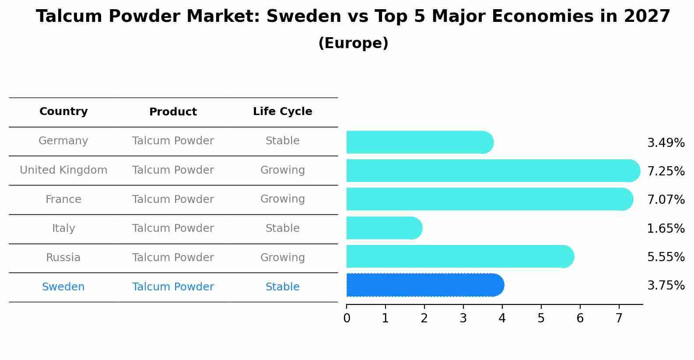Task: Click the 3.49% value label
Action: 666,143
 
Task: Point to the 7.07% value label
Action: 666,200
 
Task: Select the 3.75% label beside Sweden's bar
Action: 666,286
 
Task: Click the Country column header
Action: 63,112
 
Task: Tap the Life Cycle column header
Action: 282,112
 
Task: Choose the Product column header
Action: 173,112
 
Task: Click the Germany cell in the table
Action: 63,141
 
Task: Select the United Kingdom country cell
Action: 63,170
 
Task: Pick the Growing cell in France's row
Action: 282,199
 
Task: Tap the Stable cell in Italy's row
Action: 282,228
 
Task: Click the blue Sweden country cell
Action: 63,287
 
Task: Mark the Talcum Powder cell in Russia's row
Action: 173,258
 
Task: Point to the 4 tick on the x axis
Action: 502,318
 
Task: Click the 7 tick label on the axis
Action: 619,318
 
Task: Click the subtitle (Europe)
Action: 353,43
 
